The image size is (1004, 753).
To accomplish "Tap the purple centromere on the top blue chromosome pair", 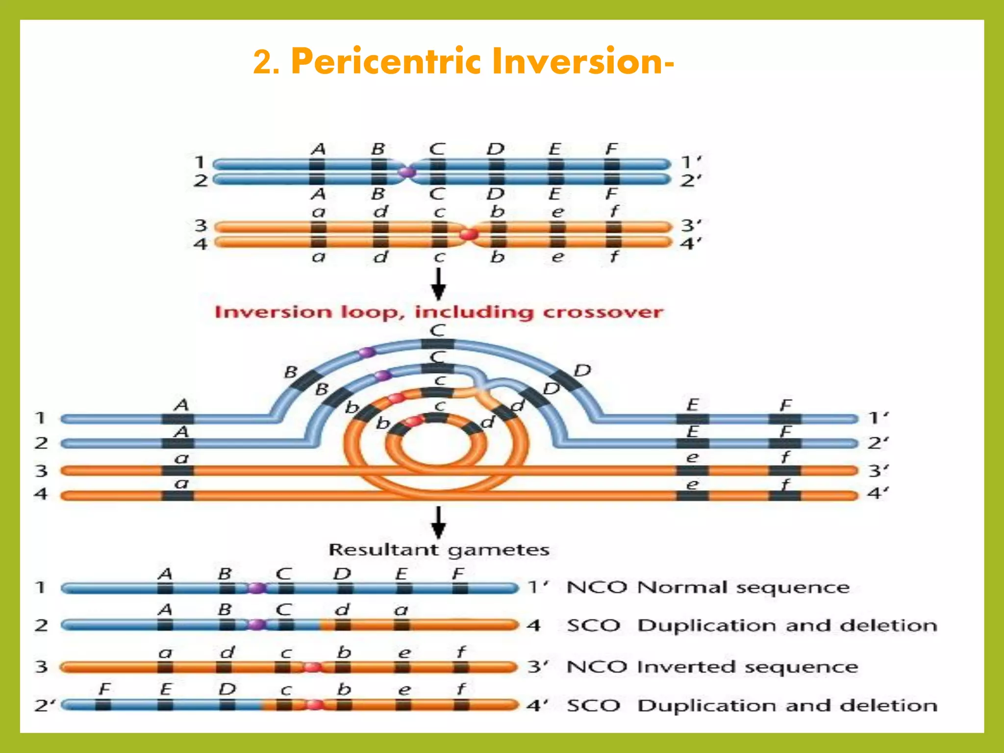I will click(406, 172).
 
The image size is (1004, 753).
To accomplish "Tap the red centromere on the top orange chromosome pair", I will click(469, 234).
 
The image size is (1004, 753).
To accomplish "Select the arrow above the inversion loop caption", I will click(438, 284).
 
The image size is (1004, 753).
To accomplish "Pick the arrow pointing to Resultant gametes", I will click(438, 523).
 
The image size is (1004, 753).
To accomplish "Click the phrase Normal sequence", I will click(743, 587).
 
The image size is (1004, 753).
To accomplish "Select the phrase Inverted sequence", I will click(747, 667).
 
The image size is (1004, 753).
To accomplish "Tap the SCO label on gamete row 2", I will click(594, 626).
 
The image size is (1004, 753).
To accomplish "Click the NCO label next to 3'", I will click(597, 667).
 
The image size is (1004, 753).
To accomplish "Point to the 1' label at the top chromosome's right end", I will click(691, 162).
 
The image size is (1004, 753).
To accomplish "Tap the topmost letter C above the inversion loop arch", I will click(437, 330).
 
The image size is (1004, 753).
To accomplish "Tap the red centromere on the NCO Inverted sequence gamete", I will click(312, 667).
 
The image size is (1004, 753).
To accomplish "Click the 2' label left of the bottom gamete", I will click(45, 705).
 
